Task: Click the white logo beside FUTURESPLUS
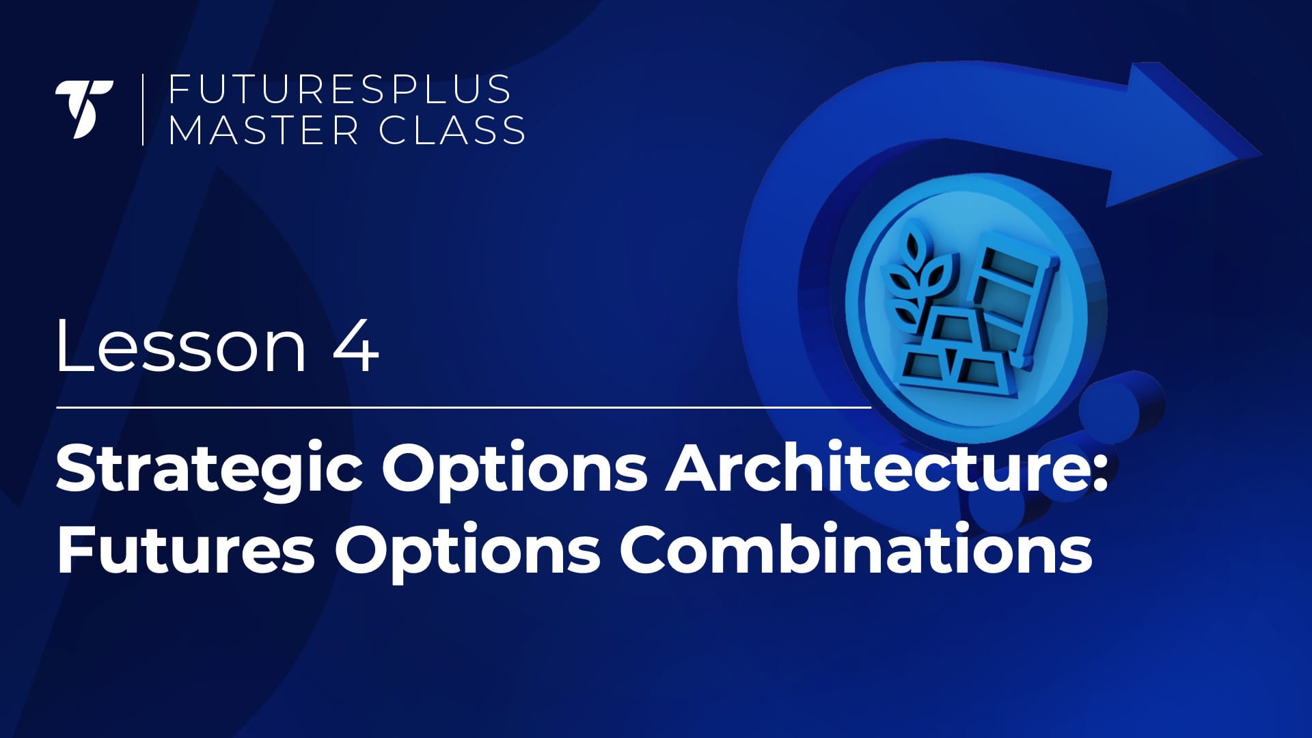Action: tap(84, 109)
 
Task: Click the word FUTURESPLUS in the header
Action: tap(340, 90)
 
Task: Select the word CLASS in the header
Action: tap(452, 130)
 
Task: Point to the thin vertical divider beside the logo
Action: tap(143, 109)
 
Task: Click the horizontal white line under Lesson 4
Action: tap(464, 407)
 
